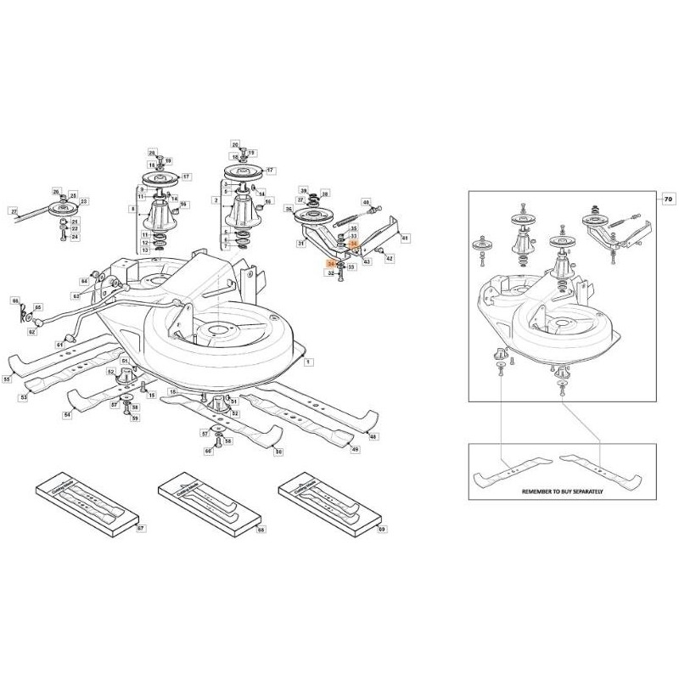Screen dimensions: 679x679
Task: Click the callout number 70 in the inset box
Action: coord(667,198)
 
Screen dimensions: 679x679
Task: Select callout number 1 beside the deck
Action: coord(308,362)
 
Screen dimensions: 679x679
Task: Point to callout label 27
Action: coord(13,210)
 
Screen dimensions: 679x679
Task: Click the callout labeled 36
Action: coord(289,209)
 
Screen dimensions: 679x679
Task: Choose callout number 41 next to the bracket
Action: coord(405,238)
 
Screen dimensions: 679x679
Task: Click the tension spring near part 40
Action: coord(349,220)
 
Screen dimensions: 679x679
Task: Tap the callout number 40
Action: coord(367,203)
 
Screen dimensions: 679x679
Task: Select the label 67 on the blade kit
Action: coord(141,528)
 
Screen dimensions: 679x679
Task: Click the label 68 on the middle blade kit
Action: coord(261,529)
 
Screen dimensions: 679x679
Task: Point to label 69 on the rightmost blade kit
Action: coord(381,529)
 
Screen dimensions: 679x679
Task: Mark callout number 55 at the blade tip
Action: coord(6,379)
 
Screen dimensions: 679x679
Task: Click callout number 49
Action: coord(355,449)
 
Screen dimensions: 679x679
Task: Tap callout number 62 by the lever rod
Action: coord(32,333)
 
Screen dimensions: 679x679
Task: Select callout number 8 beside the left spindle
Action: coord(132,208)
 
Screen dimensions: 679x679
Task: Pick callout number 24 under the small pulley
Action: coord(75,237)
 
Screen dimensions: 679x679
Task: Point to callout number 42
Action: coord(390,255)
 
